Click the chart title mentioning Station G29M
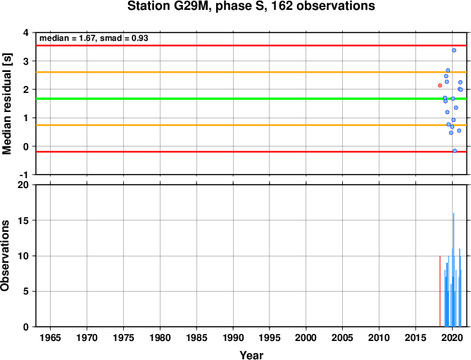pyautogui.click(x=251, y=6)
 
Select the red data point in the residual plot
pyautogui.click(x=440, y=85)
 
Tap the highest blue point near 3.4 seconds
pyautogui.click(x=454, y=50)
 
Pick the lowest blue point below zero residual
pyautogui.click(x=455, y=151)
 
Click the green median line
pyautogui.click(x=251, y=99)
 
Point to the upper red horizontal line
pyautogui.click(x=251, y=45)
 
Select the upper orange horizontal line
pyautogui.click(x=251, y=72)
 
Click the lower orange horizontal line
pyautogui.click(x=251, y=125)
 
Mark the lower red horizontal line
pyautogui.click(x=251, y=151)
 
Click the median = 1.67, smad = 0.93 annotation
pyautogui.click(x=94, y=38)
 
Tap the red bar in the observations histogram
pyautogui.click(x=440, y=291)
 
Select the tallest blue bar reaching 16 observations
pyautogui.click(x=453, y=270)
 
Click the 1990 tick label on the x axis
pyautogui.click(x=233, y=337)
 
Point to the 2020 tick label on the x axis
pyautogui.click(x=452, y=337)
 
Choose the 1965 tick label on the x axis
pyautogui.click(x=50, y=337)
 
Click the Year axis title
pyautogui.click(x=251, y=355)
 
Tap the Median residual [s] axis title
pyautogui.click(x=6, y=104)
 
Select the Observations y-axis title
pyautogui.click(x=5, y=256)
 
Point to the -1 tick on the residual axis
pyautogui.click(x=27, y=175)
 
